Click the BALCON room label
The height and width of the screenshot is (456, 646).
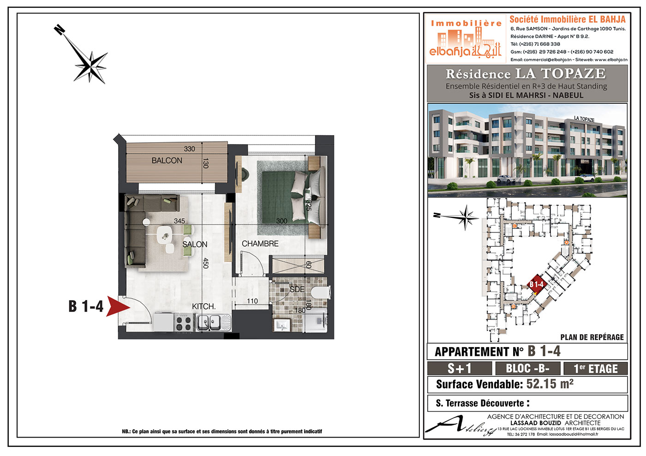167,160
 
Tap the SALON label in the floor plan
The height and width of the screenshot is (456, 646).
195,244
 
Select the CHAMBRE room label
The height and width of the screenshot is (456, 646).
260,244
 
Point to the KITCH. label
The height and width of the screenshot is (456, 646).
203,306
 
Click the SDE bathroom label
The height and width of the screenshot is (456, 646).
297,289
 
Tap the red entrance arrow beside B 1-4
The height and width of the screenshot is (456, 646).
118,306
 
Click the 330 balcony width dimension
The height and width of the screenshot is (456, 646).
190,149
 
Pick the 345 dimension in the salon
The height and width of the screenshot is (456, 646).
179,221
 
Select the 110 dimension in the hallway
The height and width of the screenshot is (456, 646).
252,301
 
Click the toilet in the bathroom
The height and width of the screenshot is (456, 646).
320,293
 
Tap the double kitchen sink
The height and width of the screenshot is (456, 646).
214,323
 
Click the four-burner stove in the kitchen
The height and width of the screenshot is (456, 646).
184,323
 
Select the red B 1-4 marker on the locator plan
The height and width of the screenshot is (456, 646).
536,285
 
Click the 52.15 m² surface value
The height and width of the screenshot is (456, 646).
550,384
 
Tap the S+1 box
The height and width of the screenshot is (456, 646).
460,369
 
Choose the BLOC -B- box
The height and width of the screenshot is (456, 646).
527,369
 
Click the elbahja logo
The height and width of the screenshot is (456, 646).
466,39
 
